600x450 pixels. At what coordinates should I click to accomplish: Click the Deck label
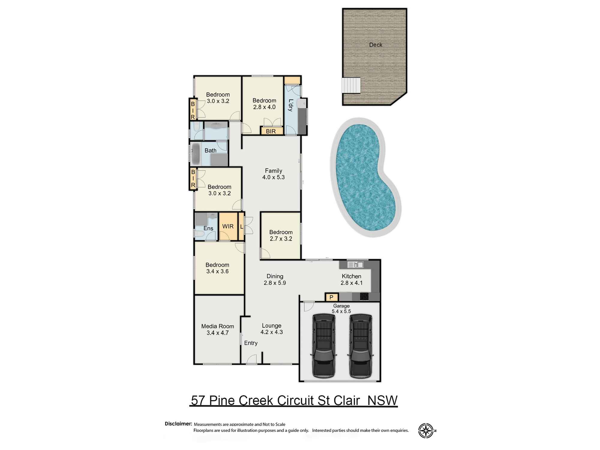(376, 45)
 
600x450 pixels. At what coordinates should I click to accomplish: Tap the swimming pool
(364, 177)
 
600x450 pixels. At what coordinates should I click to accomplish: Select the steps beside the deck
(351, 85)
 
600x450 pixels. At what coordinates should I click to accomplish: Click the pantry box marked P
(331, 297)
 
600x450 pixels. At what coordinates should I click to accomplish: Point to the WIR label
(228, 226)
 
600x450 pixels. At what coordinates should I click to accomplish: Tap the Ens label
(208, 229)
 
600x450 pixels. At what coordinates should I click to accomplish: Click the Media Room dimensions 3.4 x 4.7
(217, 333)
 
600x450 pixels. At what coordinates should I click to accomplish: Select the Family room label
(273, 171)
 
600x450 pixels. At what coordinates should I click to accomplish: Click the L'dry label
(290, 105)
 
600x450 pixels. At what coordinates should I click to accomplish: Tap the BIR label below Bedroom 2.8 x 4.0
(271, 131)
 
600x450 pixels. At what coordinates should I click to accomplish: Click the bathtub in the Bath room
(196, 154)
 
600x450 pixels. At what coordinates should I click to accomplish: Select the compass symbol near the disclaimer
(426, 431)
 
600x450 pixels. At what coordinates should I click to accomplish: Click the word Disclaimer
(178, 424)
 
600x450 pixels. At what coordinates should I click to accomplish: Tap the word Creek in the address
(256, 400)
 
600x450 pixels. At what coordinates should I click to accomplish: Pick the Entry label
(250, 343)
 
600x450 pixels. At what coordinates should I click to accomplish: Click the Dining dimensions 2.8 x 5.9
(275, 283)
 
